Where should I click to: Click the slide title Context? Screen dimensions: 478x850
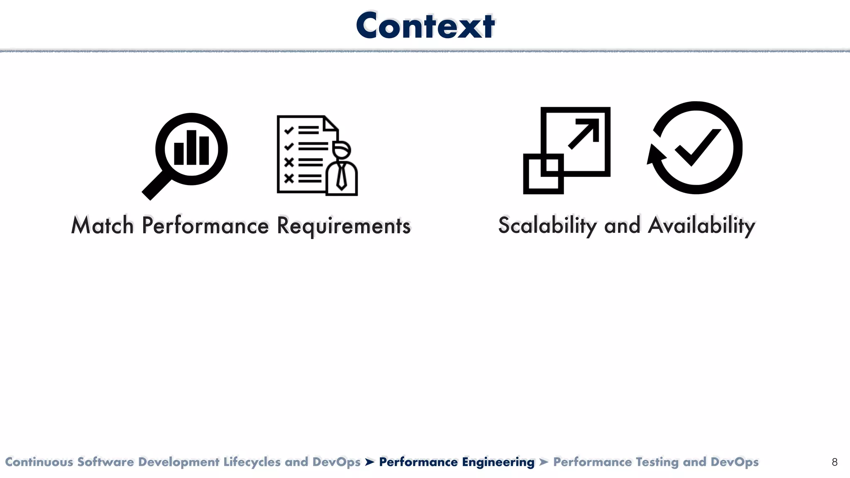(x=425, y=26)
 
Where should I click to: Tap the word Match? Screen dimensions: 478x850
(x=102, y=226)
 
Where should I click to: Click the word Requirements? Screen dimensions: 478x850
(x=343, y=226)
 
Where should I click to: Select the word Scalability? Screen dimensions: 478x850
(x=547, y=226)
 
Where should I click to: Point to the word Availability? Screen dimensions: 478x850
(x=701, y=226)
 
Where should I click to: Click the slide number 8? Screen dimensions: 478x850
(x=835, y=462)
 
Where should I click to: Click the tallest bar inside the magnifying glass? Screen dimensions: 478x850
(x=191, y=148)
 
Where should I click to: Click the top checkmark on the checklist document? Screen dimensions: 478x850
(x=289, y=130)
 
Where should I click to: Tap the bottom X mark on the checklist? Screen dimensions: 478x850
(x=289, y=178)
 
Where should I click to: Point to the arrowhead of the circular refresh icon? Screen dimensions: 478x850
(x=655, y=156)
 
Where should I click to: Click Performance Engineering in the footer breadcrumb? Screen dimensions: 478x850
(x=457, y=462)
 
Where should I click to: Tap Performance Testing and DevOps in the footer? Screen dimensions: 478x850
(x=656, y=462)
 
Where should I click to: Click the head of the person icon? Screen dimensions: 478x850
(x=342, y=150)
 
